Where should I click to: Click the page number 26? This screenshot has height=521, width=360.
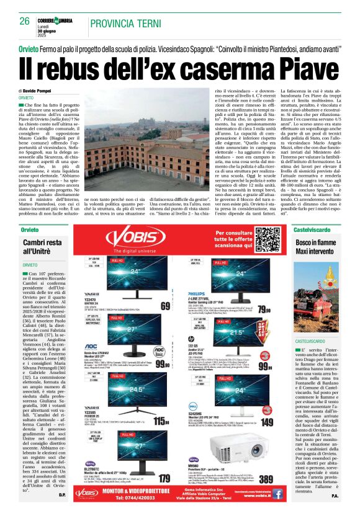25,21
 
